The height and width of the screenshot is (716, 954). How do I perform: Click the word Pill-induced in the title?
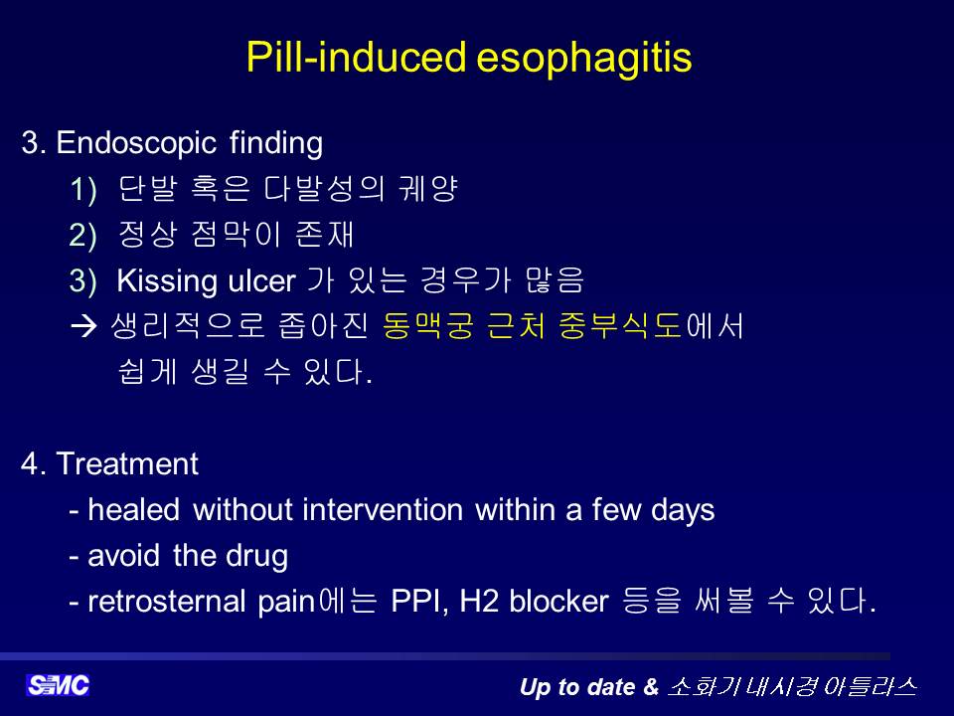[357, 58]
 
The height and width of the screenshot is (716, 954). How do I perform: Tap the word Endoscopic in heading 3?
[136, 143]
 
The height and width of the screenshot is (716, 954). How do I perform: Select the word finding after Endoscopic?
[275, 143]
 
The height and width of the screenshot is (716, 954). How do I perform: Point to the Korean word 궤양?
[427, 188]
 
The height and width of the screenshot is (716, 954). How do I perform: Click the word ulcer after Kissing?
[261, 281]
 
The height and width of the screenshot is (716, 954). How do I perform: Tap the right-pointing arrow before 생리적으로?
[83, 327]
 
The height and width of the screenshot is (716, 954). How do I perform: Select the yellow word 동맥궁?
[427, 326]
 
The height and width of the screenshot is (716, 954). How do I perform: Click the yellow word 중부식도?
[620, 326]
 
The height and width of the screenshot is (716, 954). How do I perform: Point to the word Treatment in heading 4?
[127, 464]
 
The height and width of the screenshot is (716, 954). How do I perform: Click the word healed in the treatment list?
[134, 509]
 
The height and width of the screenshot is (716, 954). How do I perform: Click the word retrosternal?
[167, 602]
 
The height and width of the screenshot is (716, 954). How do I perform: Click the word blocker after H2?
[558, 602]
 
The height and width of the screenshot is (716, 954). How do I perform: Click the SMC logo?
[58, 685]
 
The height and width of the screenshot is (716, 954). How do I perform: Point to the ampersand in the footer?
[650, 687]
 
